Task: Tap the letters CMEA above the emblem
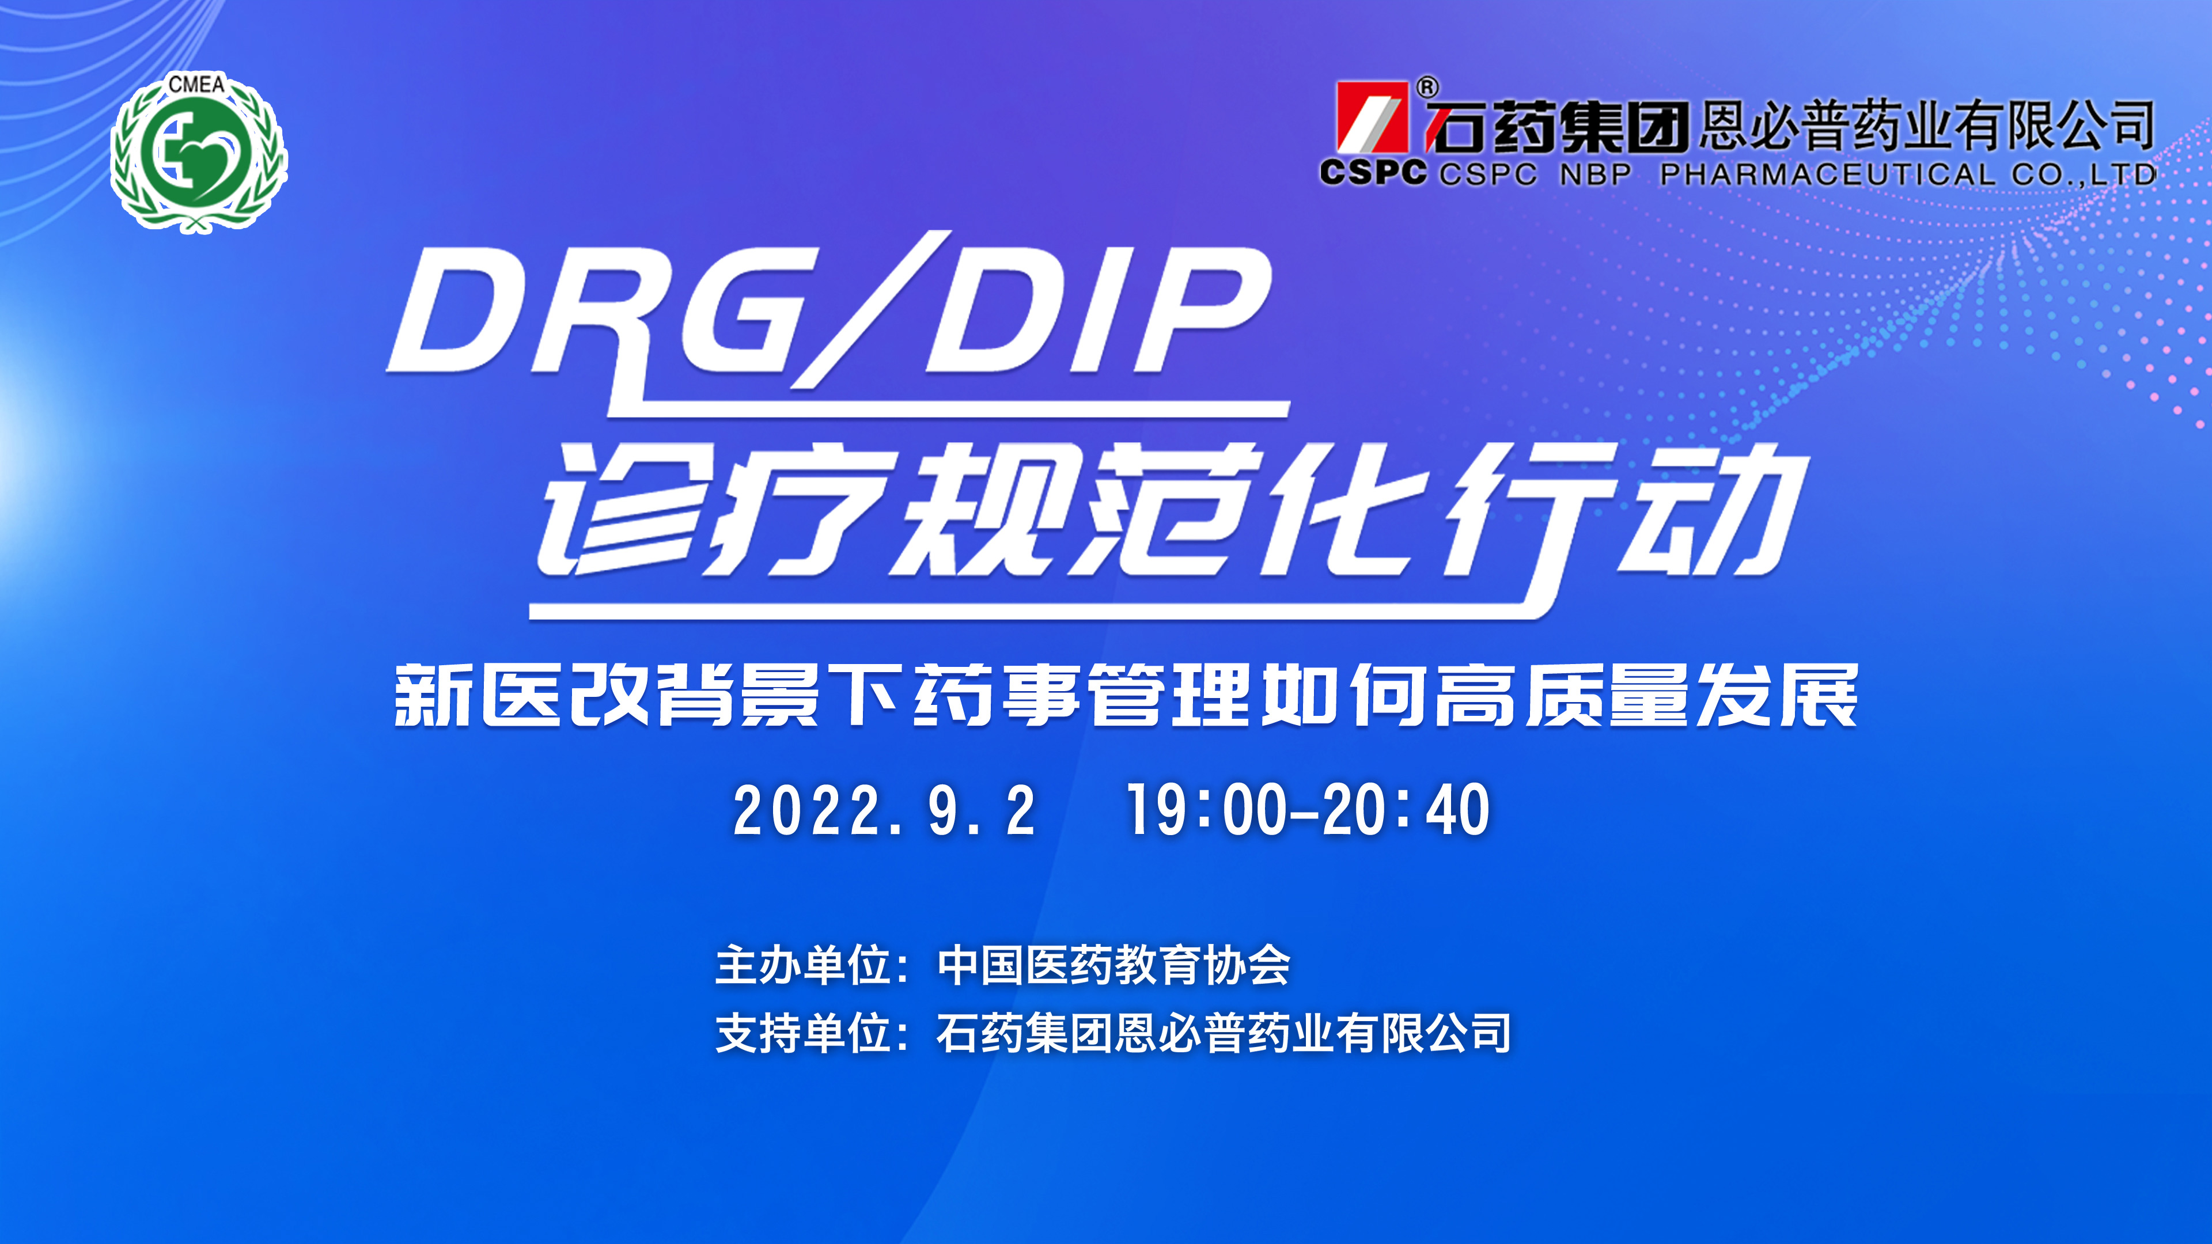196,84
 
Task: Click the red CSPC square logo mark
1372,117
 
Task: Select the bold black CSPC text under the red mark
1373,173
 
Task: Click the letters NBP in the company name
1596,175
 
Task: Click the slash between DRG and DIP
869,309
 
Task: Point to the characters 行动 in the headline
1623,515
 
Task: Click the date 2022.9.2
884,810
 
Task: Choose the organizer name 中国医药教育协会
1113,965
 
